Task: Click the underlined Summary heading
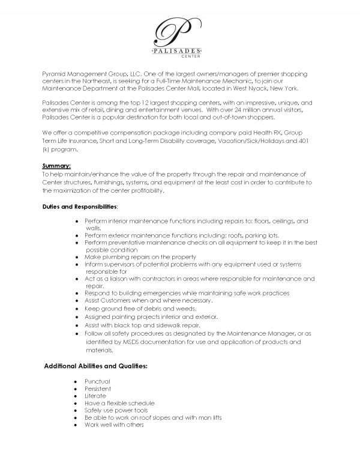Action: [56, 166]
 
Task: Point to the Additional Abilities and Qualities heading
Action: [96, 365]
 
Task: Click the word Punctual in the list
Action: [98, 381]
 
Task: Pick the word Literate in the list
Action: [95, 396]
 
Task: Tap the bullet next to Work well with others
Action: [73, 425]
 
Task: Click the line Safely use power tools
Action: [116, 410]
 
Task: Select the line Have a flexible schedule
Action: [120, 403]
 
